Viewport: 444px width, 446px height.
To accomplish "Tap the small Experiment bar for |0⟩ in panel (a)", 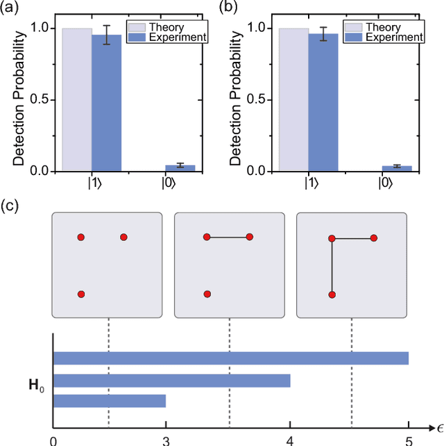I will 180,167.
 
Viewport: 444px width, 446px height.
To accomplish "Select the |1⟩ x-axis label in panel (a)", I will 92,184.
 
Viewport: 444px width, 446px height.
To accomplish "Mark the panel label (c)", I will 10,207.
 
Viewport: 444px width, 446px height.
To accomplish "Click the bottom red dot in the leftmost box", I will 81,295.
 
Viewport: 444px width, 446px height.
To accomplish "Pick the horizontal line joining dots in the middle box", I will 228,238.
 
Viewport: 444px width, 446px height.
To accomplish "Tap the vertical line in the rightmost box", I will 332,266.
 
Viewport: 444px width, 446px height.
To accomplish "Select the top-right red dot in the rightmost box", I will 374,238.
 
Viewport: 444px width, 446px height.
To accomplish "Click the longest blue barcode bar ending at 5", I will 231,358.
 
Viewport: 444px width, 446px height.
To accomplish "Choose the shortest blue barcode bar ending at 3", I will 110,402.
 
